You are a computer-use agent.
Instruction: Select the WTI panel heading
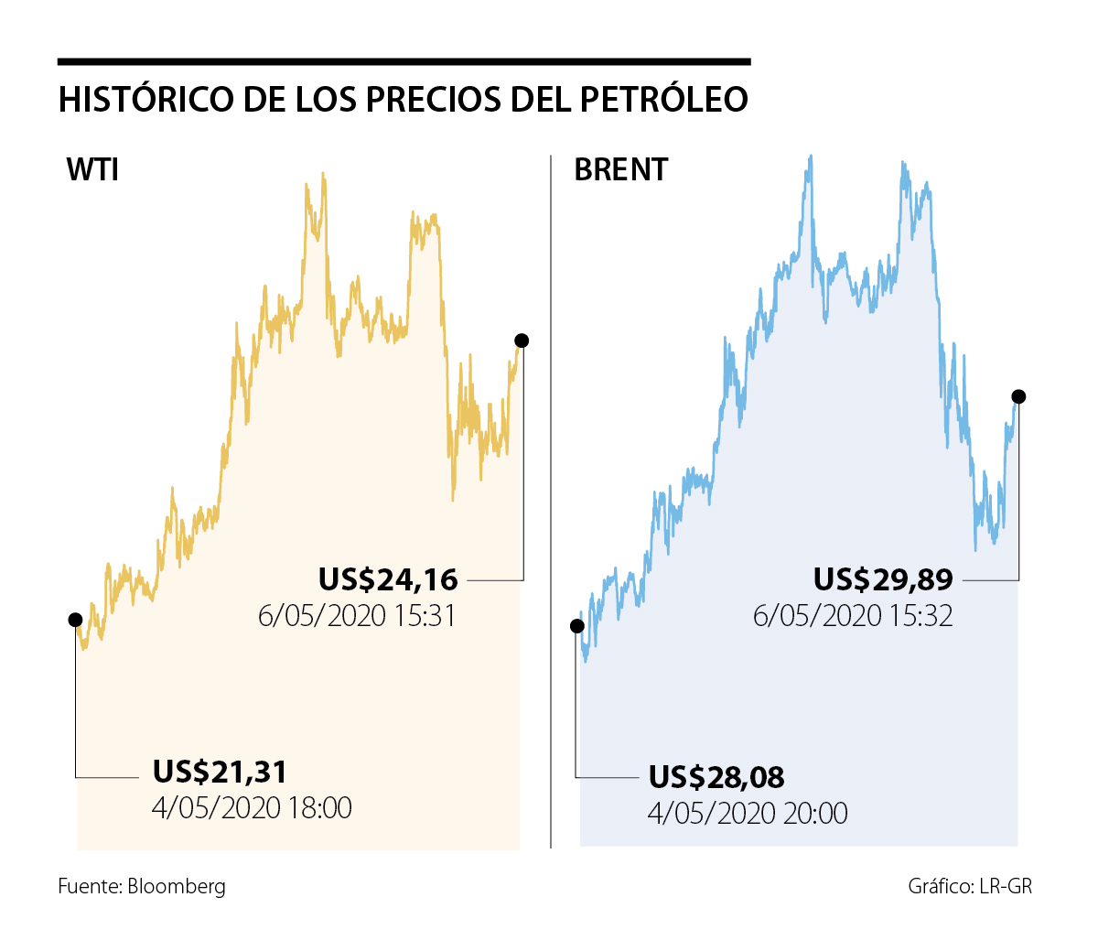pyautogui.click(x=92, y=170)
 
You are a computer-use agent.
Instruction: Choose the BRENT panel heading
pyautogui.click(x=621, y=170)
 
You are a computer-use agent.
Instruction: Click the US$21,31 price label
pyautogui.click(x=220, y=772)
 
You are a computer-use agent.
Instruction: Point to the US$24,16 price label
pyautogui.click(x=388, y=579)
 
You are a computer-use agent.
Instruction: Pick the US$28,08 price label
pyautogui.click(x=716, y=777)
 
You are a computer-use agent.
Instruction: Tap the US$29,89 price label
pyautogui.click(x=883, y=579)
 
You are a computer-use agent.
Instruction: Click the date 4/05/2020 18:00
pyautogui.click(x=252, y=808)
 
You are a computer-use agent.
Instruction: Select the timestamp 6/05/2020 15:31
pyautogui.click(x=357, y=616)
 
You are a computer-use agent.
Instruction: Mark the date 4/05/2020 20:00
pyautogui.click(x=748, y=813)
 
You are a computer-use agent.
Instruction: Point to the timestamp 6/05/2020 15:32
pyautogui.click(x=853, y=616)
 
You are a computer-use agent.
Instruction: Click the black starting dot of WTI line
pyautogui.click(x=75, y=620)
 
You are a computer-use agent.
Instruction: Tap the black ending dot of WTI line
pyautogui.click(x=522, y=340)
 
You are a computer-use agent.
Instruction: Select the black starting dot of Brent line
pyautogui.click(x=576, y=626)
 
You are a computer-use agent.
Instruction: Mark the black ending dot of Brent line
pyautogui.click(x=1018, y=396)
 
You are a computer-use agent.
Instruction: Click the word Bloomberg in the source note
pyautogui.click(x=177, y=886)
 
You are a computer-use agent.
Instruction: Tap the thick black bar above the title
pyautogui.click(x=404, y=62)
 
